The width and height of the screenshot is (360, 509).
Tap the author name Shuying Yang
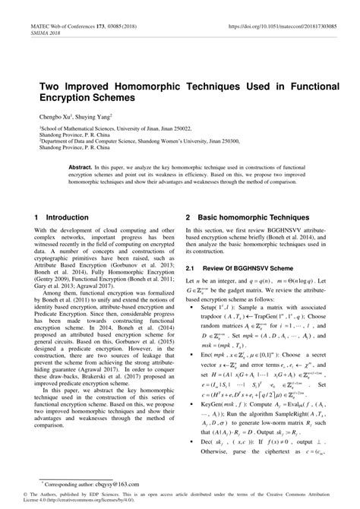[x=95, y=117]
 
